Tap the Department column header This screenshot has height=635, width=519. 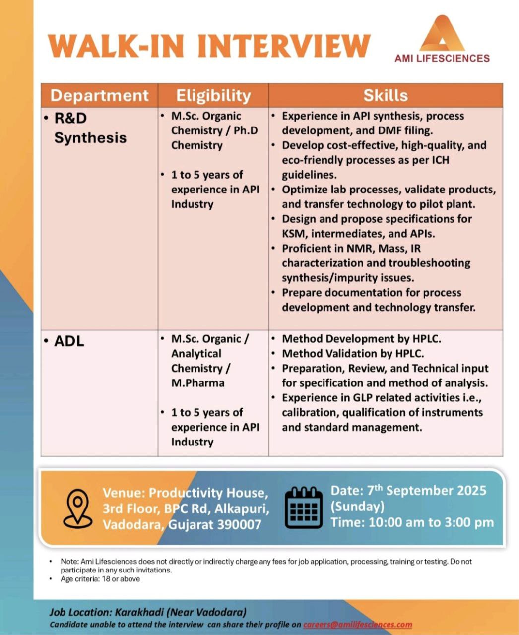[x=99, y=95]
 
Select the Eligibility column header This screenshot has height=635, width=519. [x=213, y=95]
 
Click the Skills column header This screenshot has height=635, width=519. [x=386, y=95]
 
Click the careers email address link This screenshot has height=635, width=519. [x=357, y=625]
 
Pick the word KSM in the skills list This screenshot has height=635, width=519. [x=293, y=233]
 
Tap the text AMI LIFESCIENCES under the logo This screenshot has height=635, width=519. [x=442, y=58]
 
